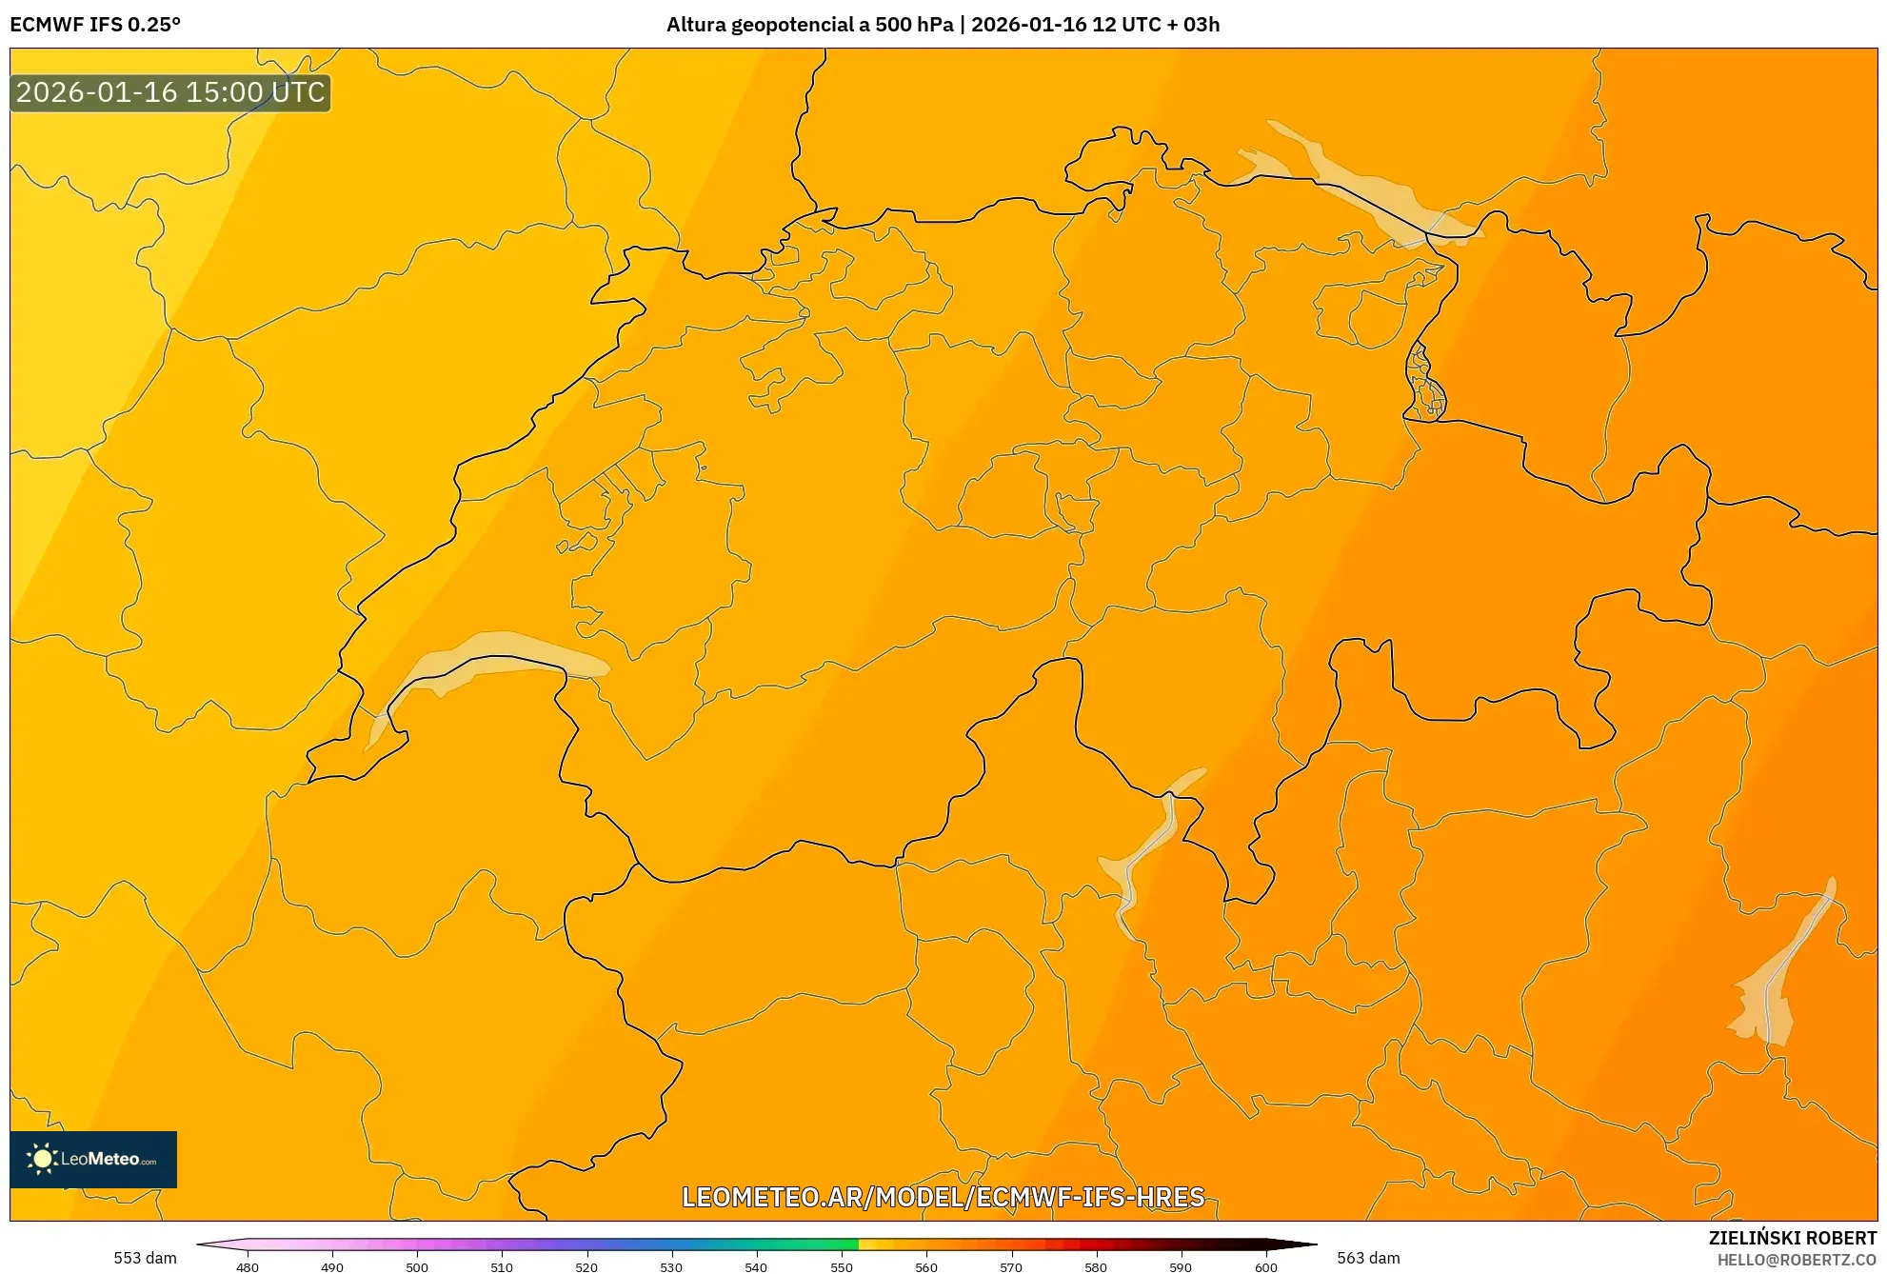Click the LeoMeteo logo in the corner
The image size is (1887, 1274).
point(93,1159)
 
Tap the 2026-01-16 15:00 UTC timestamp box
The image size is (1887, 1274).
point(170,92)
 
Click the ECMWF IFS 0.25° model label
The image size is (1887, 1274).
point(95,25)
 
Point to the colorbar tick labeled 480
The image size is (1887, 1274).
point(248,1266)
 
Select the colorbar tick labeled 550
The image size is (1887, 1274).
point(842,1266)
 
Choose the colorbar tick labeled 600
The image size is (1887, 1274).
point(1265,1266)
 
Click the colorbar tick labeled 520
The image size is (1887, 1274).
point(586,1266)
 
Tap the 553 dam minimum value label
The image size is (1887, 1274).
point(145,1258)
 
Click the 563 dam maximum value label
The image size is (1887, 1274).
point(1368,1258)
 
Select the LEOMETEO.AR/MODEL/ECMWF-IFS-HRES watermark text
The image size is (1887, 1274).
point(943,1197)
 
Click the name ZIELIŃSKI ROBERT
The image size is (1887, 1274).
point(1792,1238)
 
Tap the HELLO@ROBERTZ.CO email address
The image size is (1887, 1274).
point(1796,1260)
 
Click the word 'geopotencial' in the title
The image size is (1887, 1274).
point(791,25)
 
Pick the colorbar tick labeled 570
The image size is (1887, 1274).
point(1011,1266)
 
